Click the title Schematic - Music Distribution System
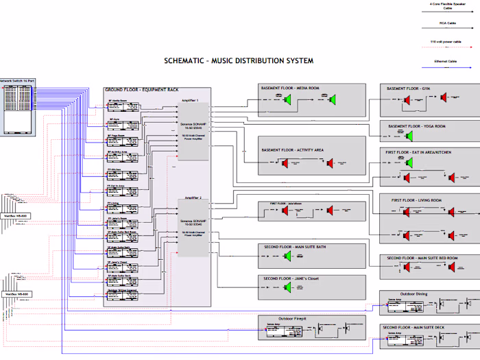[239, 61]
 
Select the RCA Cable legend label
[447, 23]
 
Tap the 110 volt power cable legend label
[447, 42]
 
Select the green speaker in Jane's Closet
[288, 288]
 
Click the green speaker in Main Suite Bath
[288, 256]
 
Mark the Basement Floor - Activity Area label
[293, 149]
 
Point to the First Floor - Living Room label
[416, 200]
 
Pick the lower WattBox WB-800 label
[15, 293]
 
